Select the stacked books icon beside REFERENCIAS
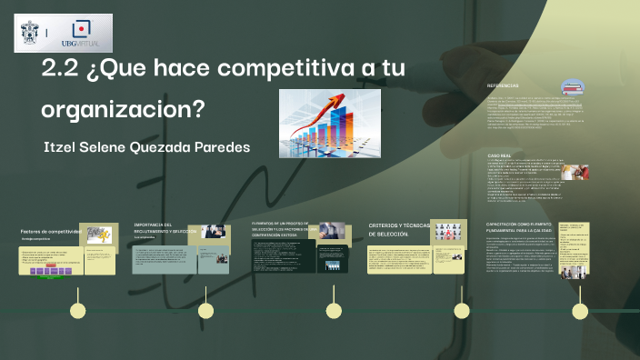(x=573, y=88)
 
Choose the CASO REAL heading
(x=501, y=155)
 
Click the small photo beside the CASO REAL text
(x=579, y=173)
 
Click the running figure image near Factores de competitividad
(x=99, y=235)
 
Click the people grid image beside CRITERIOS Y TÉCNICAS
(x=448, y=234)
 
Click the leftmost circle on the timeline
(x=78, y=310)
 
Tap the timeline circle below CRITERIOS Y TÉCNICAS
(x=462, y=310)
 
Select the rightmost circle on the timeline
(x=578, y=310)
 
